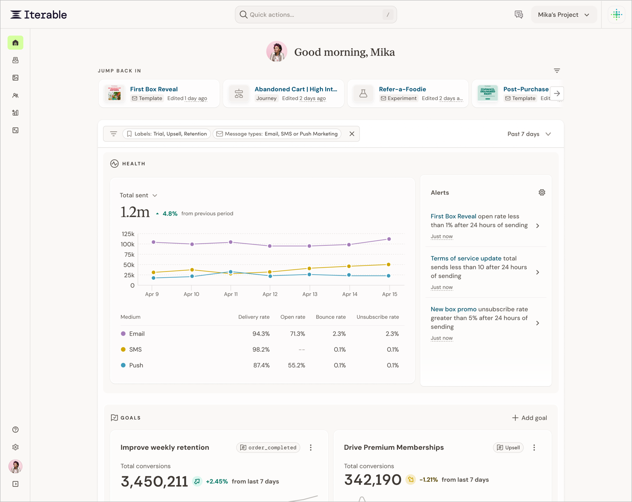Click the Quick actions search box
316,14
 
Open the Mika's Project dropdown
564,15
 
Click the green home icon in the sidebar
16,43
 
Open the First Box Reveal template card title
154,89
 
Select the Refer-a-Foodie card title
402,89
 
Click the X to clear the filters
352,134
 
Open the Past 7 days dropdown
529,134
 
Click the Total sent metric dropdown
138,195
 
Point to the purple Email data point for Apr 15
389,239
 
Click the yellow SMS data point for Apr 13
309,269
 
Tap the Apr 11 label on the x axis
231,294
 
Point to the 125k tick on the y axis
128,234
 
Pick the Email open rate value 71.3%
297,334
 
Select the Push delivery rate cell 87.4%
261,365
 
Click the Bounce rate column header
331,317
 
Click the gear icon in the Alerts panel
542,192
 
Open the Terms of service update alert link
466,258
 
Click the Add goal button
529,418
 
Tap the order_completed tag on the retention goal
268,447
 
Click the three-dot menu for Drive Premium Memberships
534,447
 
